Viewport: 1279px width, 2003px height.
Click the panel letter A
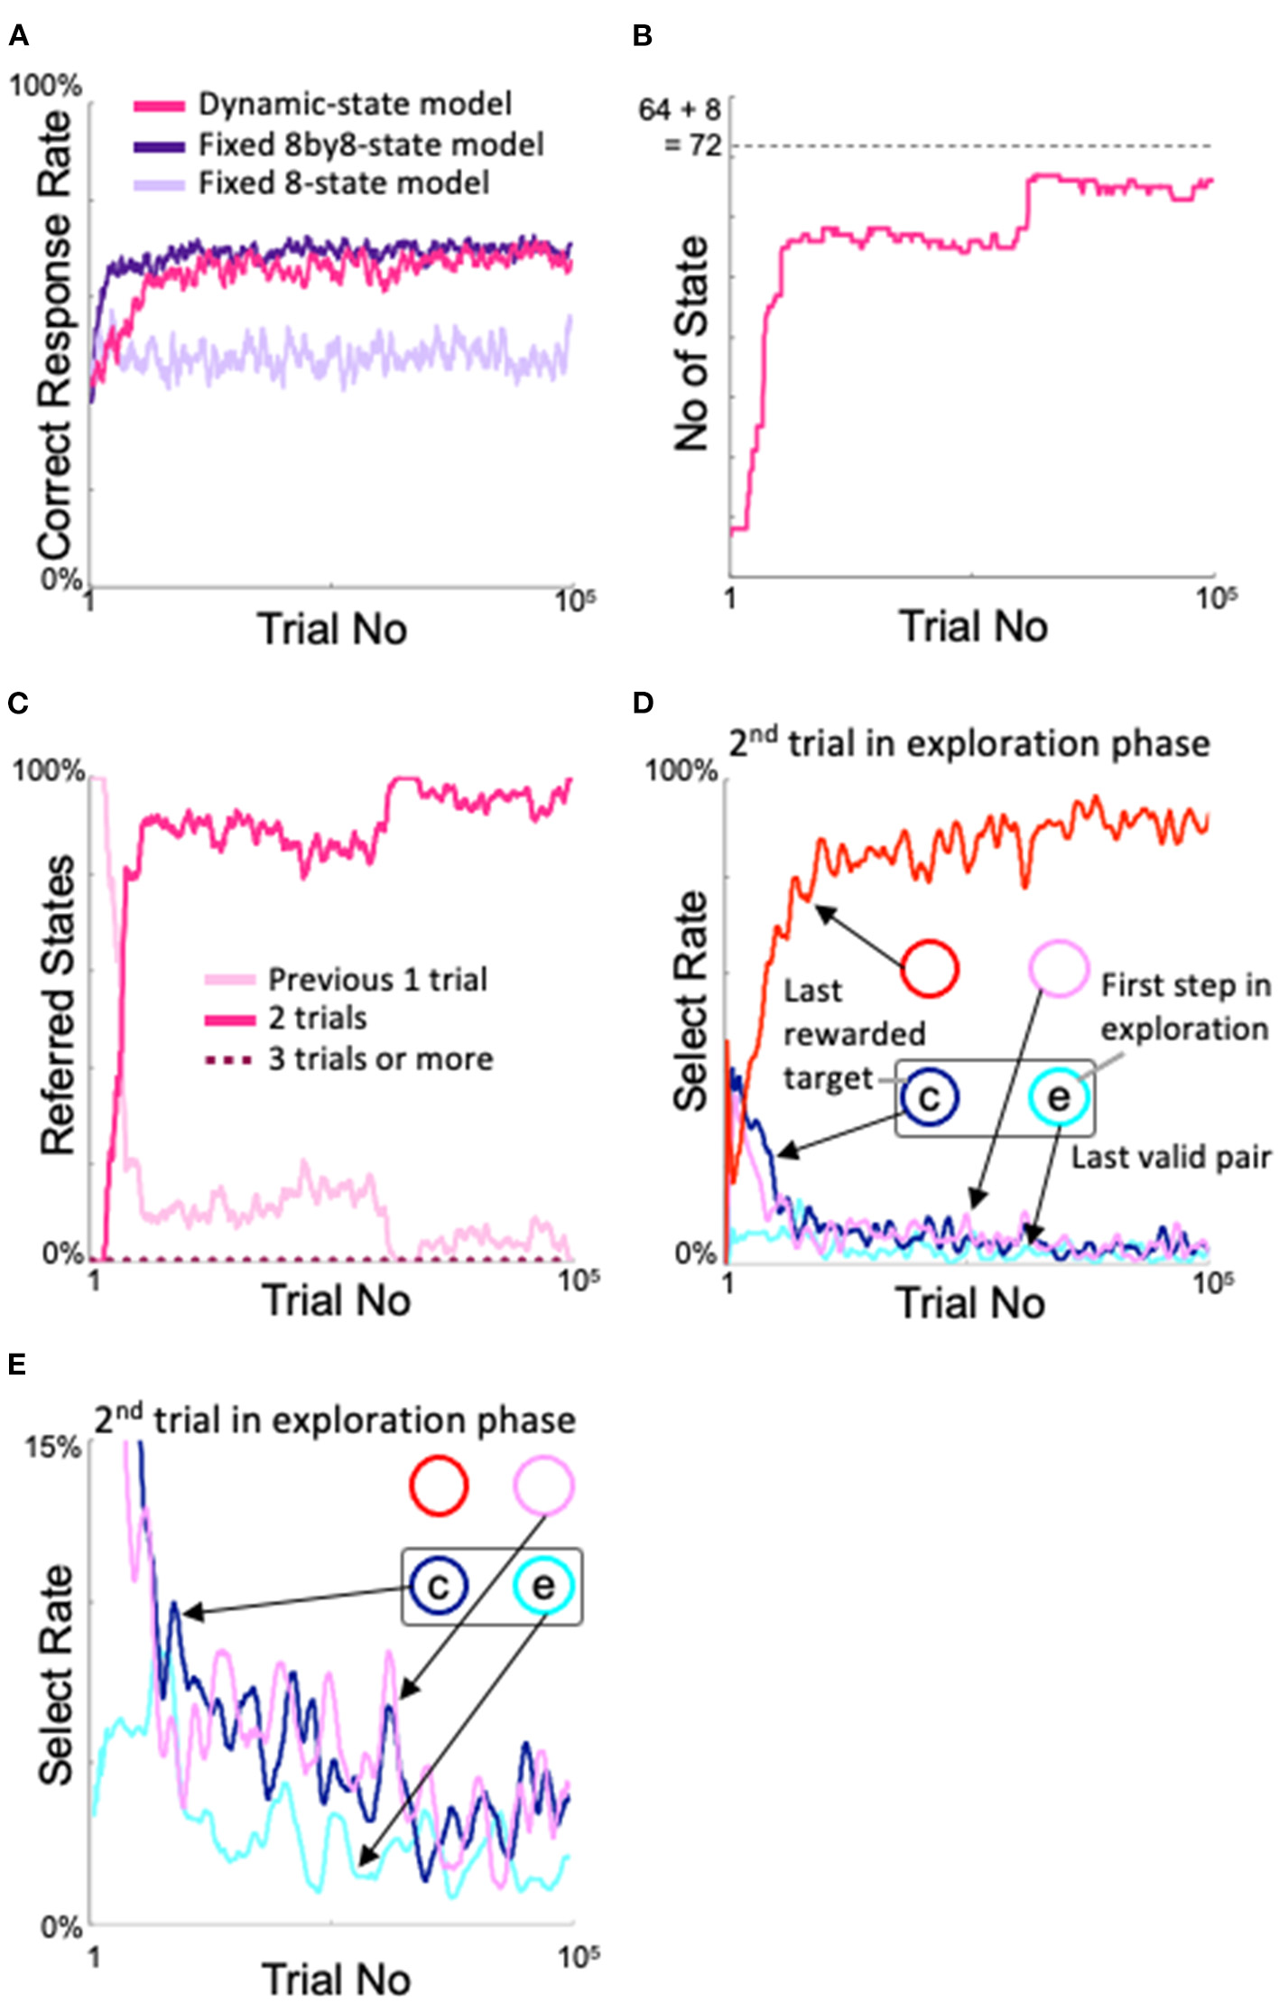18,36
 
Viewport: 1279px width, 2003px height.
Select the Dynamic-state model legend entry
355,105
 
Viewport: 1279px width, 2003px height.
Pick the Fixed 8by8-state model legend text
371,144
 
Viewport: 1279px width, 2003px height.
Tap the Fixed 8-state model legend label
344,183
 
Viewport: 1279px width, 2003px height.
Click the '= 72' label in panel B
693,144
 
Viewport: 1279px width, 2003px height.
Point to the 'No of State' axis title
692,343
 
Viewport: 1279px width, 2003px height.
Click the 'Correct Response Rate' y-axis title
54,334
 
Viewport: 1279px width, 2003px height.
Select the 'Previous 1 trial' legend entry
377,979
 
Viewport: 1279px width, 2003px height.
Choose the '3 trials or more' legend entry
380,1058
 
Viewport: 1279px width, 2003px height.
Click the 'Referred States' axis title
58,1005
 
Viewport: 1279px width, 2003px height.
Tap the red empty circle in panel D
930,968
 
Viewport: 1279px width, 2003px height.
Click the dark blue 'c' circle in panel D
929,1097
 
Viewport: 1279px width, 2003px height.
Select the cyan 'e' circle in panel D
1059,1097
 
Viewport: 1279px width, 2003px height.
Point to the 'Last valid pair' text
1171,1157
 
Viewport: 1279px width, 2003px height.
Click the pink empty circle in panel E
544,1485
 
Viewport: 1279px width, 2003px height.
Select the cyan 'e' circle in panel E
543,1586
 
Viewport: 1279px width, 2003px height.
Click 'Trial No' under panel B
973,627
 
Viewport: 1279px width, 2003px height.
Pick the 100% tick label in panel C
48,771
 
